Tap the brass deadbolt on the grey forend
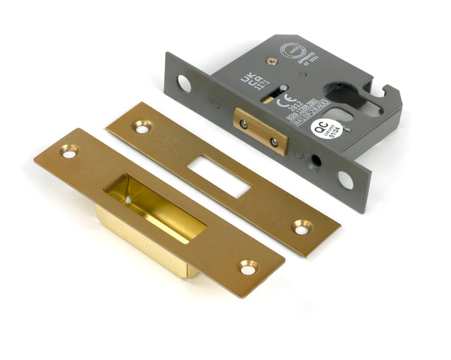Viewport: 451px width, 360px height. (x=260, y=131)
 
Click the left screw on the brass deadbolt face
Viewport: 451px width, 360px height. (x=244, y=123)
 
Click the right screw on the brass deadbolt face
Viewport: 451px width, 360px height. (x=274, y=142)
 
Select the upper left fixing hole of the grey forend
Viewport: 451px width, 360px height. (x=183, y=82)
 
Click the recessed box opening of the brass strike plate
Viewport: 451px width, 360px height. (x=154, y=206)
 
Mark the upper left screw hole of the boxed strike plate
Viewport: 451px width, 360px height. (x=68, y=150)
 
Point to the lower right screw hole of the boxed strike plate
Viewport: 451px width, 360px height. (x=247, y=268)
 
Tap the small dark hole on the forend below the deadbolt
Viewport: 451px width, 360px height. (x=316, y=160)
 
